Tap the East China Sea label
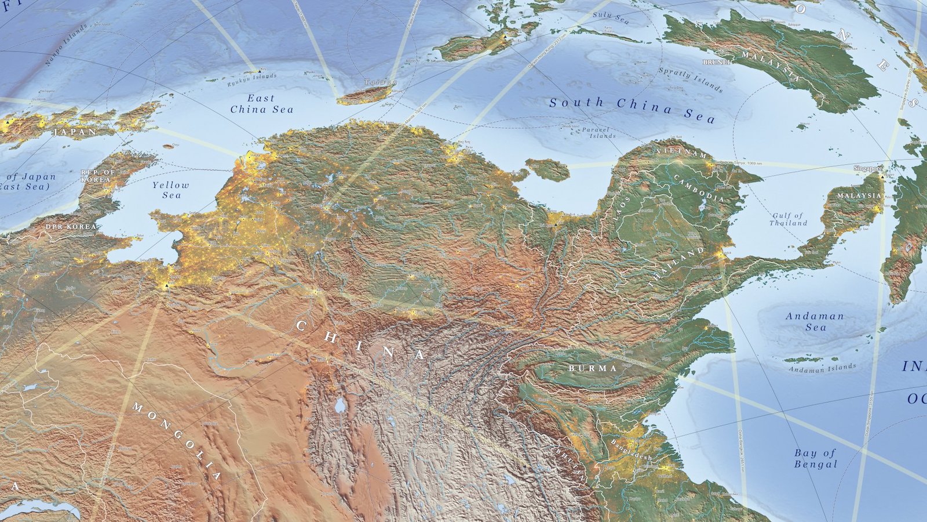coord(262,104)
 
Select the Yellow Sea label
coord(171,190)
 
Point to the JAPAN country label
coord(75,132)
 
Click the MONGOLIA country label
coord(177,441)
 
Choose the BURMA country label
coord(592,368)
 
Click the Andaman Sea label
coord(815,321)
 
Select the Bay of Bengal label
coord(815,458)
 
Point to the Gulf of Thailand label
coord(788,219)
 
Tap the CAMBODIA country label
coord(699,188)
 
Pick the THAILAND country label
coord(677,267)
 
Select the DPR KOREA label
coord(71,227)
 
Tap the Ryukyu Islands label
coord(252,79)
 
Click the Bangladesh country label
coord(631,449)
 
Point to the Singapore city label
coord(868,168)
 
